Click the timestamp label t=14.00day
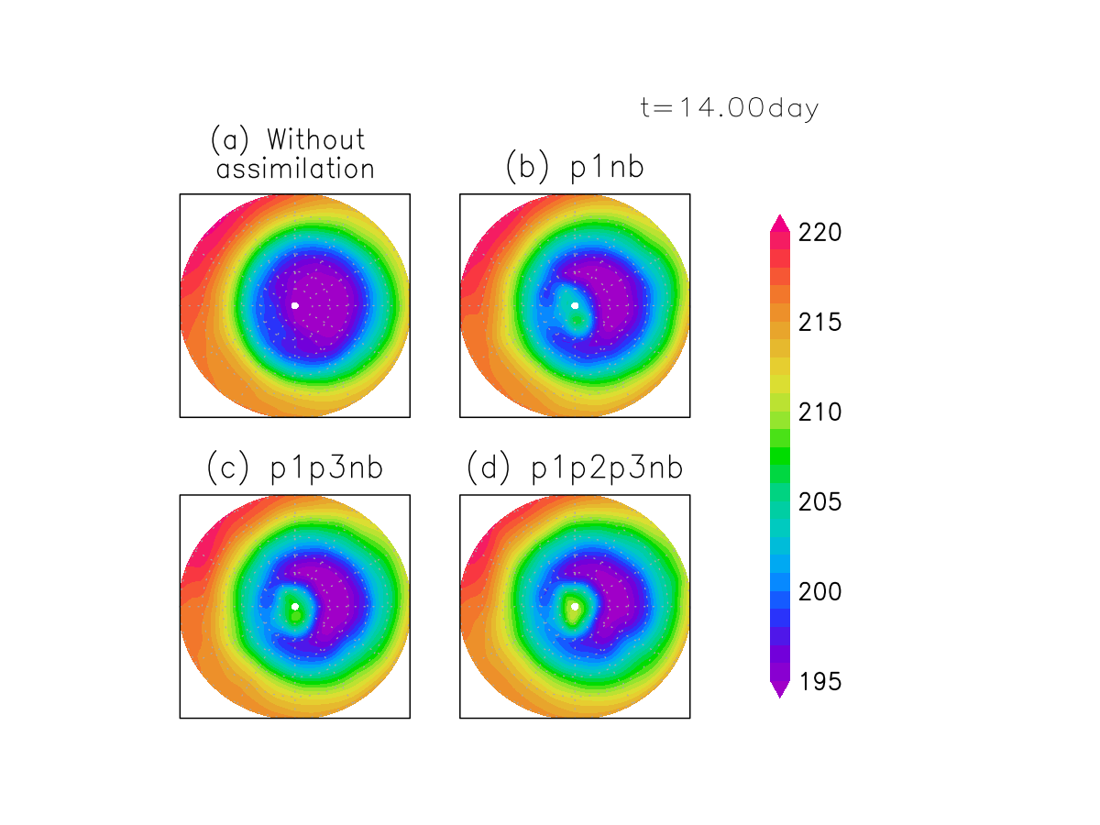tap(729, 108)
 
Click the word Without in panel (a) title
tap(315, 140)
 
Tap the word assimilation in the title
tap(295, 170)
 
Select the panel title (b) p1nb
tap(575, 168)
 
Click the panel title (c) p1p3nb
tap(294, 468)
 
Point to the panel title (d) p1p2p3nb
tap(575, 468)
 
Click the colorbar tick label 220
tap(819, 233)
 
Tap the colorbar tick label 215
tap(819, 323)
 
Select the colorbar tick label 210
tap(819, 412)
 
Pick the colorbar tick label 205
tap(819, 502)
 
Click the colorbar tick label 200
tap(819, 592)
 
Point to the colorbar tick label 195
tap(819, 682)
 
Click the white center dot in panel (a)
tap(295, 305)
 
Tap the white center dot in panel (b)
tap(575, 305)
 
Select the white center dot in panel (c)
tap(295, 606)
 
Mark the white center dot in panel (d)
tap(575, 606)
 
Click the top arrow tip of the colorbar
tap(779, 216)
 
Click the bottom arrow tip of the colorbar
tap(779, 697)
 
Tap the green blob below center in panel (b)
tap(576, 321)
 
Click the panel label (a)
tap(226, 140)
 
